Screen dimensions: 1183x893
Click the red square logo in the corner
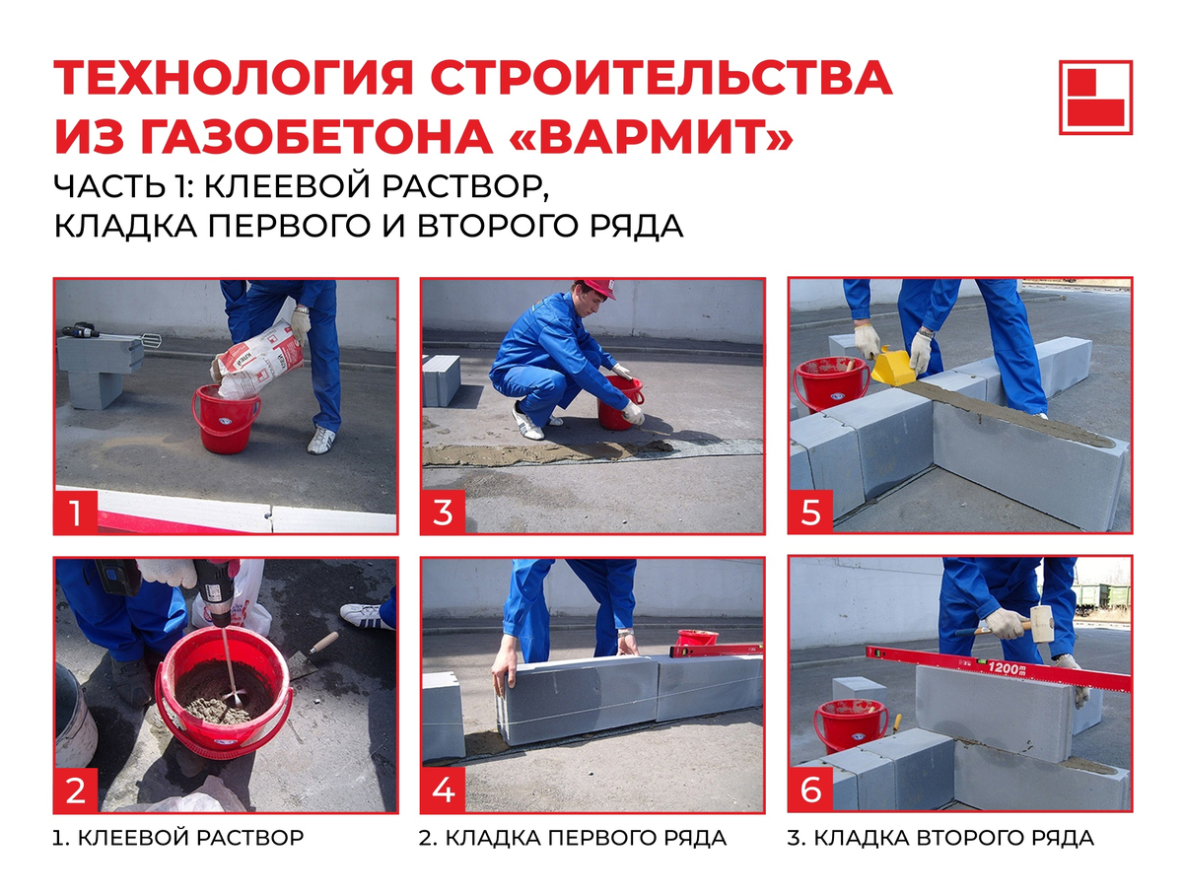(x=1095, y=97)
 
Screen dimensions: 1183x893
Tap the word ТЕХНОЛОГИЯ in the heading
(x=234, y=78)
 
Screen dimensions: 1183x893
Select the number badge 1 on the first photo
(x=76, y=512)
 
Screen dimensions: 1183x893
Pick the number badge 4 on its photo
(x=443, y=790)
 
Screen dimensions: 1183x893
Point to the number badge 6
(x=810, y=790)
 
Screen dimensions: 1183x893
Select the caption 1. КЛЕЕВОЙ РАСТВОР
(x=178, y=838)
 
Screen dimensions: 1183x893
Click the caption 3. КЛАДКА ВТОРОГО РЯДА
(x=941, y=838)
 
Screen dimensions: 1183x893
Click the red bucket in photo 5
(x=830, y=383)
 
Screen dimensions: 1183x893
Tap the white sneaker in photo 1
(x=321, y=440)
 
